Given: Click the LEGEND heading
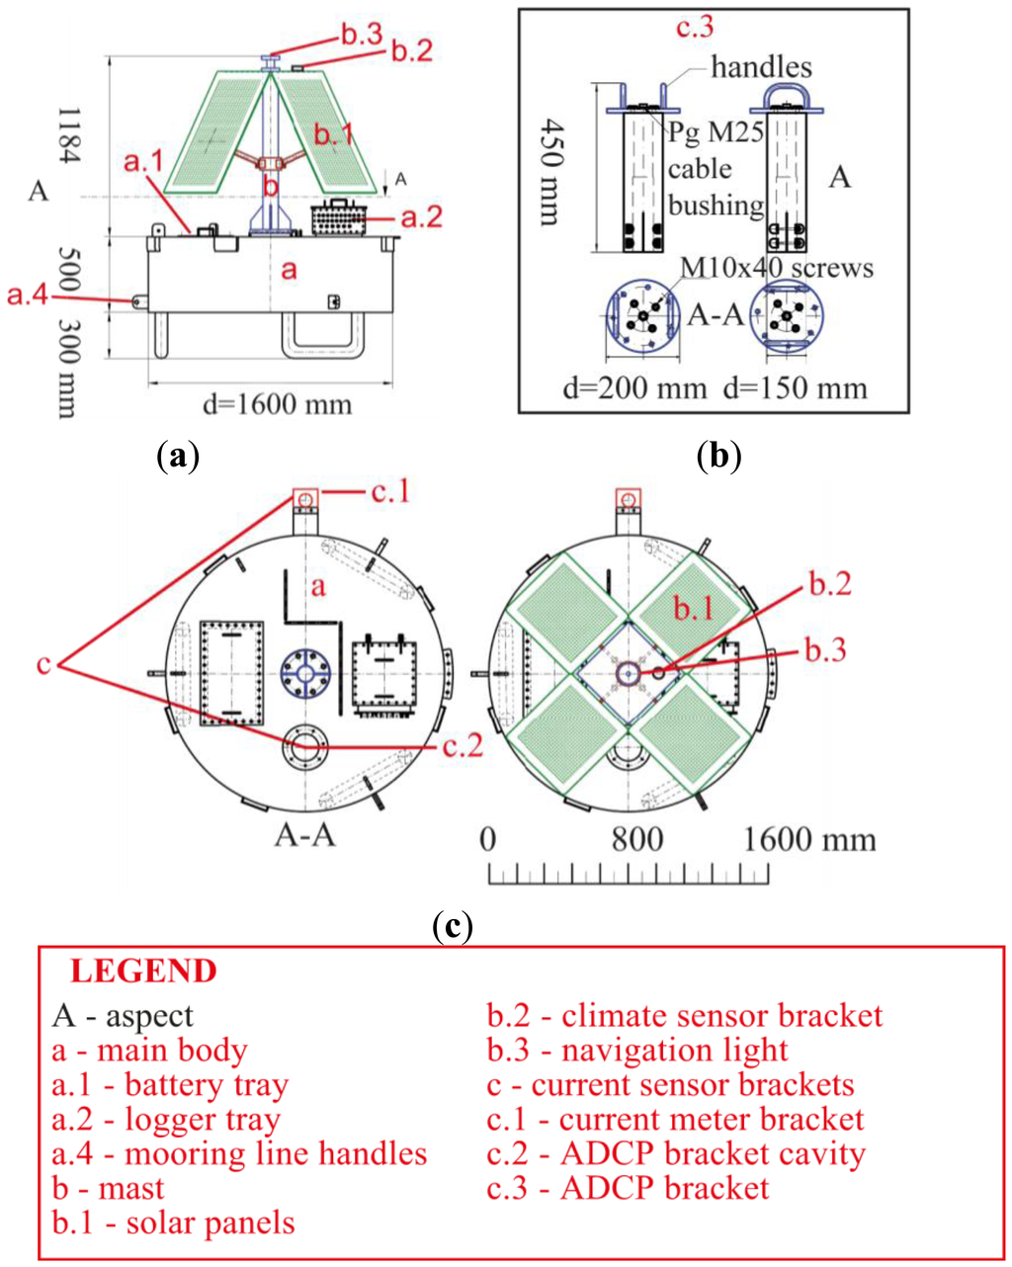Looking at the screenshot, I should coord(143,971).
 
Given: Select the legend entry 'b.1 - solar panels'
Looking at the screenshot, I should coord(173,1223).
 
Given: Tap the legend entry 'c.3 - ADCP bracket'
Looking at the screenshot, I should coord(628,1188).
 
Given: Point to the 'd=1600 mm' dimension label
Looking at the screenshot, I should coord(277,403).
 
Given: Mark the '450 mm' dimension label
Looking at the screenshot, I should coord(554,173).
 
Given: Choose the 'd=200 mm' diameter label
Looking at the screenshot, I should coord(634,387).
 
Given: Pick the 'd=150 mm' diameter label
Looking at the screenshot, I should coord(796,387).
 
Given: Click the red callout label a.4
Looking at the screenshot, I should coord(28,294).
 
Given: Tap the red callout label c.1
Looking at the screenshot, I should coord(390,491).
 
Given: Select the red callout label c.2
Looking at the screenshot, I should coord(462,745).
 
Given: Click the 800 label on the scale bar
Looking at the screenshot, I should coord(637,840).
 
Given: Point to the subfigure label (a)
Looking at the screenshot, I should coord(179,456).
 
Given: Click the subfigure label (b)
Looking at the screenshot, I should coord(718,456).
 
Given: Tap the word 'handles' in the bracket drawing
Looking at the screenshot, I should coord(761,67).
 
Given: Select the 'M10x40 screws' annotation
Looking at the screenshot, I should coord(777,268).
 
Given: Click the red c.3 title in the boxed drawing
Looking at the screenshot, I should coord(695,28).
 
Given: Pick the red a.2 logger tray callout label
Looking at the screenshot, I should coord(421,216).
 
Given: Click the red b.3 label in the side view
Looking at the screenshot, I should coord(362,35).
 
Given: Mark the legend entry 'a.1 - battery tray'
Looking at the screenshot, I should coord(170,1085).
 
